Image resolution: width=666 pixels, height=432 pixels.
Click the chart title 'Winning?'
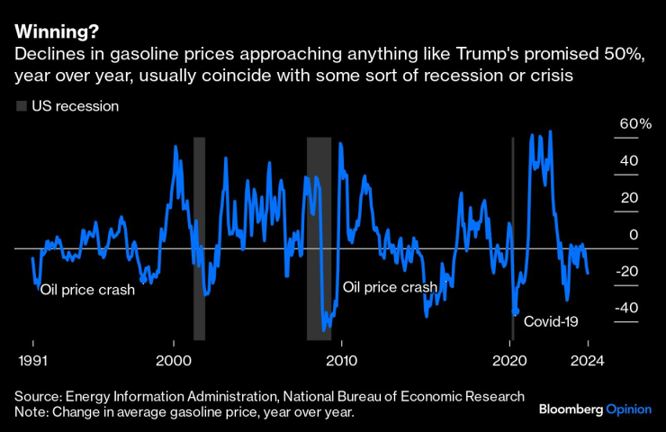tap(53, 33)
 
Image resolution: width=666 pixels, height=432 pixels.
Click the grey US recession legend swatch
tap(21, 106)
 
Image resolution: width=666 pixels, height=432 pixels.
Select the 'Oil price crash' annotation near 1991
tap(86, 290)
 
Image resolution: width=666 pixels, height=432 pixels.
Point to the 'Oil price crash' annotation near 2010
tap(390, 287)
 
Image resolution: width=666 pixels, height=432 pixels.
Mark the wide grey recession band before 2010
tap(319, 238)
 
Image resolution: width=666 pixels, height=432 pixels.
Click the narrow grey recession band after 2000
tap(199, 238)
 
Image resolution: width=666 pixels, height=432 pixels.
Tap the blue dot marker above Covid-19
tap(516, 312)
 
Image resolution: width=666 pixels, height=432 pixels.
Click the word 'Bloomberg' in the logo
tap(571, 409)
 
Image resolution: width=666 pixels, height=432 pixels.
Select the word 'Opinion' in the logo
tap(630, 409)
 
